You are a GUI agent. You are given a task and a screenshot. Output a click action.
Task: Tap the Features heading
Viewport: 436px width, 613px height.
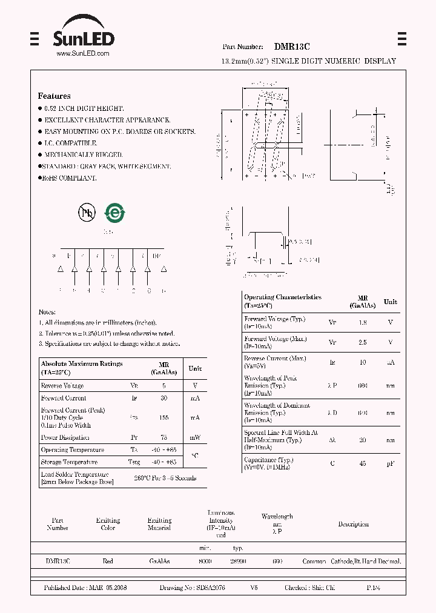click(x=54, y=96)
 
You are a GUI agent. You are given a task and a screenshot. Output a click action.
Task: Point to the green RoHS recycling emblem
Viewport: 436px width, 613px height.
click(x=114, y=212)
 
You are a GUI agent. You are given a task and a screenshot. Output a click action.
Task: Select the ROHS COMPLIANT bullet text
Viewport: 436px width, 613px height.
click(x=70, y=178)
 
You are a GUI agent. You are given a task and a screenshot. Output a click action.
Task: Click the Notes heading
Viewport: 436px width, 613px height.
click(x=47, y=311)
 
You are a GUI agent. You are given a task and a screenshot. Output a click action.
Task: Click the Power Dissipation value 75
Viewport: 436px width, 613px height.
click(x=163, y=437)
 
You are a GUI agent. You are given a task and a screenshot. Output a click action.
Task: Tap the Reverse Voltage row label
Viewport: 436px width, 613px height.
click(x=62, y=386)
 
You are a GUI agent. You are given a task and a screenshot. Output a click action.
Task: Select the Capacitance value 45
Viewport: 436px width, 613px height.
click(x=363, y=464)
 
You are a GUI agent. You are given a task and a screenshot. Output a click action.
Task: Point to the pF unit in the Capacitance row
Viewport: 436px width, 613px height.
click(x=391, y=464)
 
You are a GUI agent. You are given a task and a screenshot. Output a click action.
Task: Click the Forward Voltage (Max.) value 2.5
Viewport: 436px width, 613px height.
click(x=363, y=343)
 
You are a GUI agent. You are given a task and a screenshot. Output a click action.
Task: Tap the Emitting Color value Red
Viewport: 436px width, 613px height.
click(x=108, y=562)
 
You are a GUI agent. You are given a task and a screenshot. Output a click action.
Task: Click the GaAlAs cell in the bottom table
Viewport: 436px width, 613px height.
click(x=159, y=562)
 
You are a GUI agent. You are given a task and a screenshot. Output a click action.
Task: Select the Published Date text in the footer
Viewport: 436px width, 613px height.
click(x=85, y=588)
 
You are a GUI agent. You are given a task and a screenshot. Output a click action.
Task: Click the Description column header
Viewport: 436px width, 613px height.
click(x=353, y=524)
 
